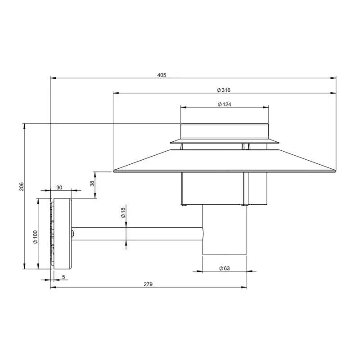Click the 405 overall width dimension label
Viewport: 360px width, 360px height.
click(x=162, y=75)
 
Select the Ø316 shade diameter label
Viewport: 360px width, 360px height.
click(x=224, y=90)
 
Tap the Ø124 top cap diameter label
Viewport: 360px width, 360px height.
click(x=224, y=104)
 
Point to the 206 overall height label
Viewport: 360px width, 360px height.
click(x=21, y=186)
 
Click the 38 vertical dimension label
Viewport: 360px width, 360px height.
click(x=92, y=184)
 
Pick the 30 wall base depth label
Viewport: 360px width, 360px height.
click(x=59, y=188)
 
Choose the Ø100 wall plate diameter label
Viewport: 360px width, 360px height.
click(x=35, y=237)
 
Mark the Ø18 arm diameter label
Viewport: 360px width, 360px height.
click(x=123, y=213)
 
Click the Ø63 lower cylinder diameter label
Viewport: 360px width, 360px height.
click(x=224, y=268)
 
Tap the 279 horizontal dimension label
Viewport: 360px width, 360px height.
click(x=148, y=284)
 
